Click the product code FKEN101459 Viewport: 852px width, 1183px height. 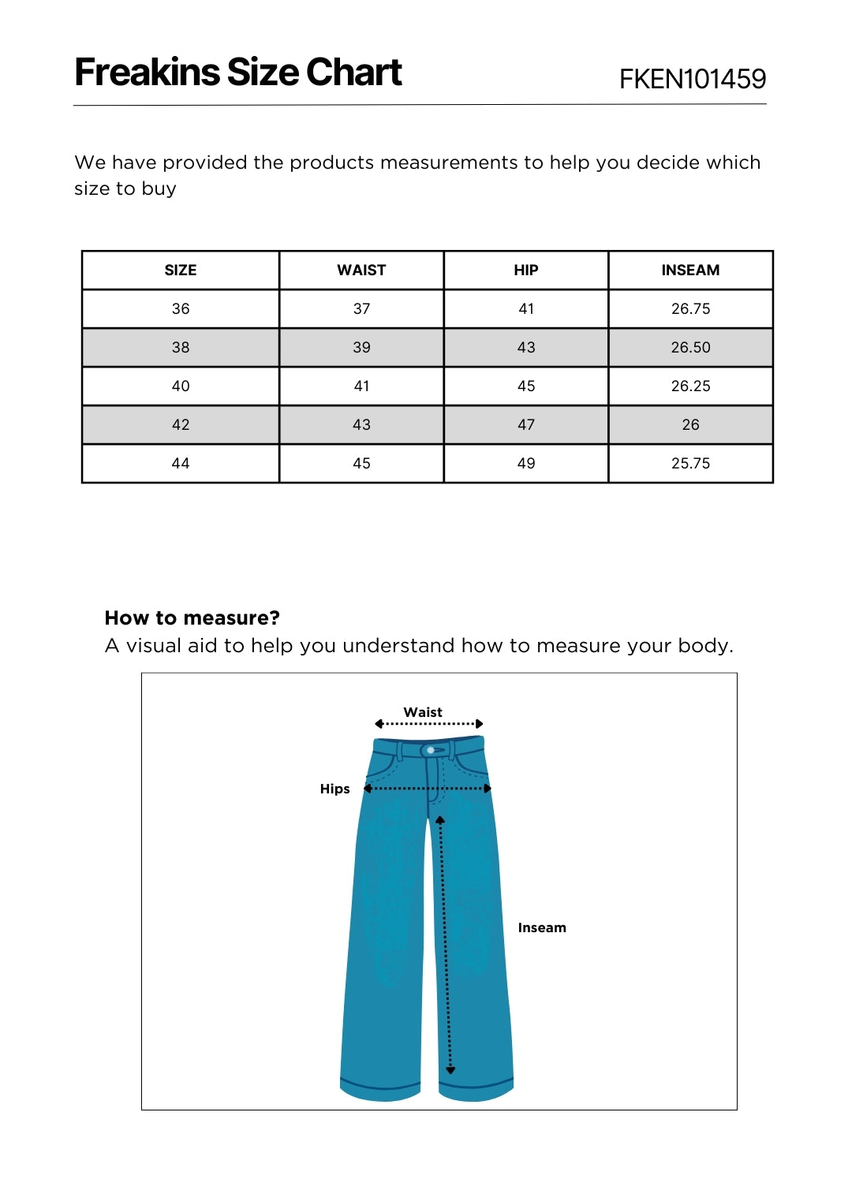point(692,79)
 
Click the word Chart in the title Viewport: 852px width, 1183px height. point(353,73)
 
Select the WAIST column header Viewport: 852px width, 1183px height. point(361,270)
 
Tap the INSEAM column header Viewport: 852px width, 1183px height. point(690,270)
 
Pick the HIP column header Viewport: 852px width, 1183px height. point(525,270)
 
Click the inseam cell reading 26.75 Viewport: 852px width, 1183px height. point(690,308)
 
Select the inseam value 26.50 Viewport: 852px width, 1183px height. point(690,347)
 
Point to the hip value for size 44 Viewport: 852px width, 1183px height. point(525,463)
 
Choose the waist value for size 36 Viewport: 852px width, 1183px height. point(361,308)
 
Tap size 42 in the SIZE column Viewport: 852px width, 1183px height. point(181,424)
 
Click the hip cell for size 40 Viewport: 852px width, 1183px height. point(525,386)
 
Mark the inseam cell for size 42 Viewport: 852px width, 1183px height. point(690,424)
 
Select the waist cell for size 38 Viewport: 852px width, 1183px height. point(361,347)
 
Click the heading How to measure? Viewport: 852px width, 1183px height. point(192,618)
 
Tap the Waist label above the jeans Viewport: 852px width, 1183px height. point(423,712)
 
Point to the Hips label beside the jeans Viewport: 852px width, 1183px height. point(334,789)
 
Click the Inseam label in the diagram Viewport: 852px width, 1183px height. point(542,927)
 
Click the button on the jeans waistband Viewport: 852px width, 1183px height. point(431,750)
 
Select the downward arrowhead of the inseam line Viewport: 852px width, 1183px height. point(450,1070)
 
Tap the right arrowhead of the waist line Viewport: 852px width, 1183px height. point(479,724)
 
